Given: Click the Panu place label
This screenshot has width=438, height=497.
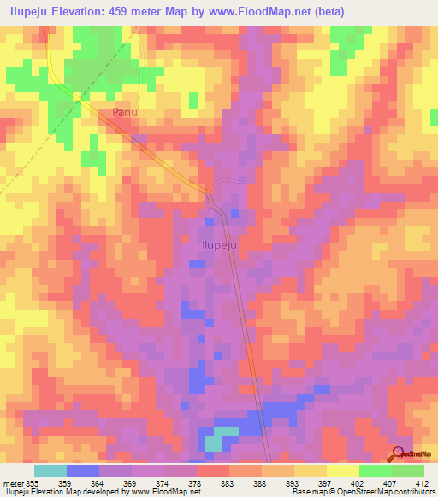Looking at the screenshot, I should pos(125,112).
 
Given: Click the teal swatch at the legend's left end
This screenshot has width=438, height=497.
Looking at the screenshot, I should pos(50,471).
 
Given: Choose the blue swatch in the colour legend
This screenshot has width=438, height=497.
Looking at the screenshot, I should pos(83,471).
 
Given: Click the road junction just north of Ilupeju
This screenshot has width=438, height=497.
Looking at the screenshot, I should pos(208,190).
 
